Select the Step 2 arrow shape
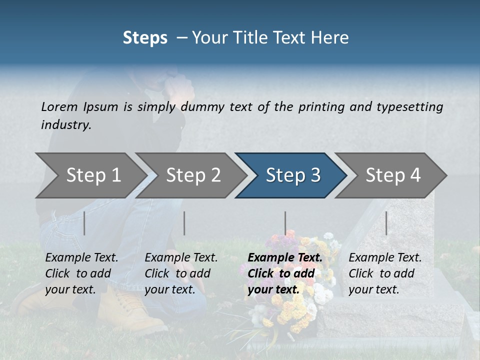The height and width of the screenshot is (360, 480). point(192,175)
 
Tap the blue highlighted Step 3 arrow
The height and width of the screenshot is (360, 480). point(292,175)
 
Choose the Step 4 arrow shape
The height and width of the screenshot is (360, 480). point(392,175)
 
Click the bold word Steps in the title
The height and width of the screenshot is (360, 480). point(145,37)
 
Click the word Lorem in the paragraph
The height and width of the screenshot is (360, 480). point(59,106)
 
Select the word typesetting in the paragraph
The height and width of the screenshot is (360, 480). point(409,106)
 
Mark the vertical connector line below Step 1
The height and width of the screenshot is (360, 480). point(84,223)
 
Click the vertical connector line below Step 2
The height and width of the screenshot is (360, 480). point(184,223)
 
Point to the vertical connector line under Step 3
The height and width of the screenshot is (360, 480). point(285,223)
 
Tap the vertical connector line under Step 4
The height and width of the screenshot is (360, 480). point(386,223)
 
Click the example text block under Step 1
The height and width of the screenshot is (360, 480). point(81,273)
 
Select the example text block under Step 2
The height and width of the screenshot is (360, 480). point(181,273)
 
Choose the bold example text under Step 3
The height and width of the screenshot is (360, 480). point(285,273)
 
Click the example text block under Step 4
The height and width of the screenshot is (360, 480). point(385,273)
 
